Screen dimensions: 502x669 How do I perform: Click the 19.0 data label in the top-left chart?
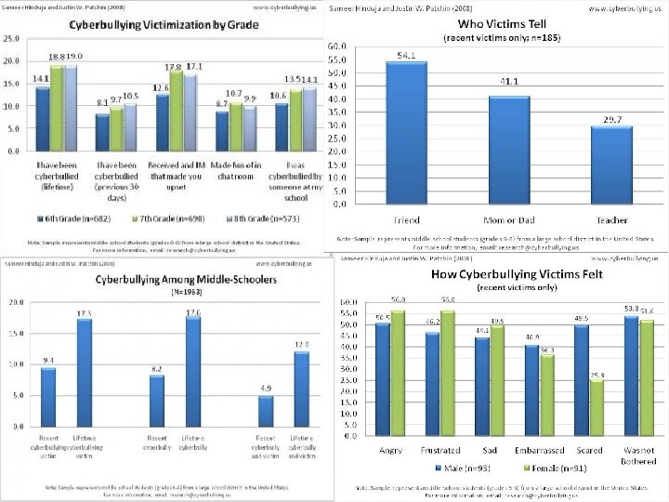73,56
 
